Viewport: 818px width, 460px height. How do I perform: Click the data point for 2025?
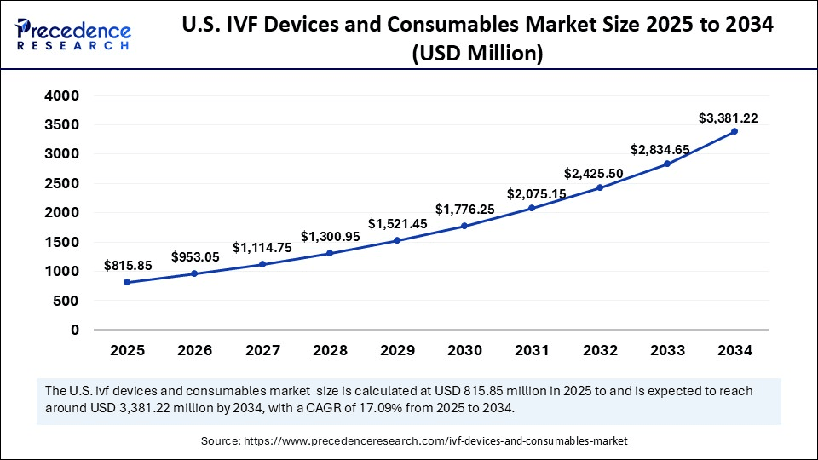127,282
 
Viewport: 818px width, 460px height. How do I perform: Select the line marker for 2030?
464,226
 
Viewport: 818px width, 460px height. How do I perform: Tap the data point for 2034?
734,131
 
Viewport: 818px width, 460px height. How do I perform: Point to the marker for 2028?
330,253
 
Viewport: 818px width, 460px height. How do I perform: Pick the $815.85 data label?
128,265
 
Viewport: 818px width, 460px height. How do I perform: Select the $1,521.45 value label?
396,223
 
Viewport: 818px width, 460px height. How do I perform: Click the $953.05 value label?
195,256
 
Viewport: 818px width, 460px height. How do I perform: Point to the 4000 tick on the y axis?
62,95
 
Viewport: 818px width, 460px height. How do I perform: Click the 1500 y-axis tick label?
62,242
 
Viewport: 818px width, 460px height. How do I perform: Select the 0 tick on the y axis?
75,330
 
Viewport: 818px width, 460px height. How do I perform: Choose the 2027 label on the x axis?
262,350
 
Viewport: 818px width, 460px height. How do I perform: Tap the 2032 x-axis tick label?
599,350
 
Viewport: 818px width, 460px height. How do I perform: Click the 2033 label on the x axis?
667,350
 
